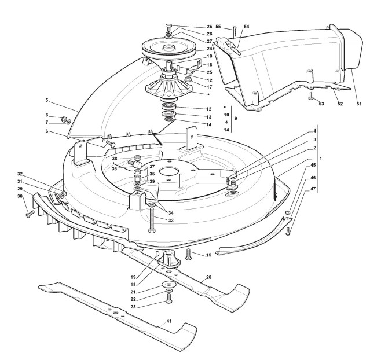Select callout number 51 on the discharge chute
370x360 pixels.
coord(359,104)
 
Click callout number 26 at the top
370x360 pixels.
coord(209,27)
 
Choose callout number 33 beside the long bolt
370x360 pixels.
coord(171,220)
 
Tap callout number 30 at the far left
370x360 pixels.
coord(20,197)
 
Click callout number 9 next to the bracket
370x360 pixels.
coord(235,119)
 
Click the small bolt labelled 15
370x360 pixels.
coord(189,253)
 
